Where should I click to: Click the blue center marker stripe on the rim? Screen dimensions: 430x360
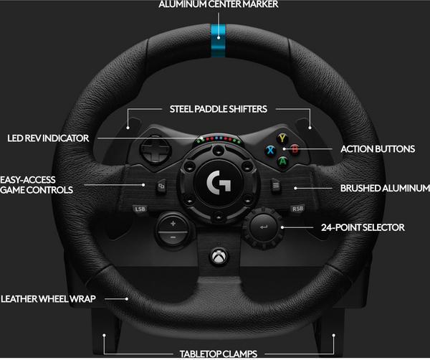pos(219,41)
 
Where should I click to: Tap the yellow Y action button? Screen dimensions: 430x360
pos(282,138)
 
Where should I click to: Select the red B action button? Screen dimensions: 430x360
pos(295,150)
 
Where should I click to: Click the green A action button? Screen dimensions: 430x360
pos(282,161)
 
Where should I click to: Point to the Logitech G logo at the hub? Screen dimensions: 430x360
pos(219,181)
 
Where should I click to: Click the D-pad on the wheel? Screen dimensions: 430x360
pos(156,150)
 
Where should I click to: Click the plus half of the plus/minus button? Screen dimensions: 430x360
pos(173,223)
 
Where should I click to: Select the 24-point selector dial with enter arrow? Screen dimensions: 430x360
pos(263,227)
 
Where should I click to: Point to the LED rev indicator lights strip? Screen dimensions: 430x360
pos(219,139)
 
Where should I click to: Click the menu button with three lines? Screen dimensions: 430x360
pos(276,186)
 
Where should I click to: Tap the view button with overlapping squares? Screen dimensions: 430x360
pos(161,186)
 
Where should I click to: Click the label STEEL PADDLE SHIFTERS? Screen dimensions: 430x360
pos(219,109)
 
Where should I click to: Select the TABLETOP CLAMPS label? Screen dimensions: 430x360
pos(219,354)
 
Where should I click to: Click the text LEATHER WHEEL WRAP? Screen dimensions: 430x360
pos(48,299)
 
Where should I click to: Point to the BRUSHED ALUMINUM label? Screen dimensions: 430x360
pos(385,188)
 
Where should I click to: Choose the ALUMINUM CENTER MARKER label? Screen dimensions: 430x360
pos(219,4)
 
